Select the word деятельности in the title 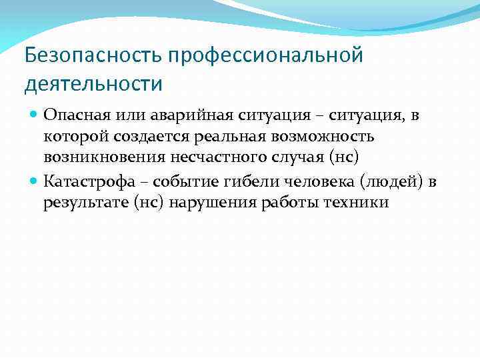(x=93, y=85)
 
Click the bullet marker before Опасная (x=35, y=115)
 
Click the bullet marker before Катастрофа (x=35, y=180)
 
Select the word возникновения (x=98, y=158)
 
